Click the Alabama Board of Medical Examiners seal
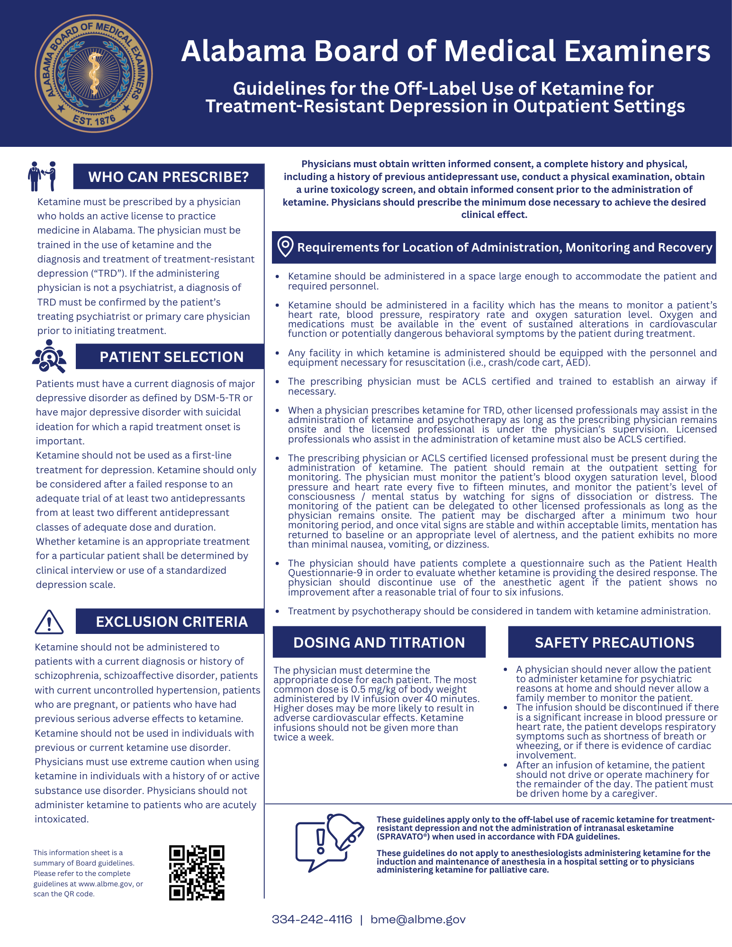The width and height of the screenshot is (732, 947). coord(94,73)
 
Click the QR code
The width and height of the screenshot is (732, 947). coord(197,873)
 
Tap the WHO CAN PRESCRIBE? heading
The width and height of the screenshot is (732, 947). coord(168,177)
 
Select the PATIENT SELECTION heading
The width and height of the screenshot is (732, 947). coord(172,357)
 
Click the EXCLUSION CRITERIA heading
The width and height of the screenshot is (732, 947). coord(172,622)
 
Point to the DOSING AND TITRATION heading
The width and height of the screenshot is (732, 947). coord(379,642)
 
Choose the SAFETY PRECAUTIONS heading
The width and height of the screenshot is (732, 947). coord(614,642)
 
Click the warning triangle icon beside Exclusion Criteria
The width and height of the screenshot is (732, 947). coord(49,622)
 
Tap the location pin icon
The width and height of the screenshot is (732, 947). coord(285,247)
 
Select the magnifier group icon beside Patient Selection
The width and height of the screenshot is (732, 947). coord(49,356)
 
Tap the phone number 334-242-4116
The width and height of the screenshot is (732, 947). coord(312,920)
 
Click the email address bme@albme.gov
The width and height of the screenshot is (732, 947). coord(418,920)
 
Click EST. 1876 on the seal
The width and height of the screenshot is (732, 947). coord(94,120)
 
